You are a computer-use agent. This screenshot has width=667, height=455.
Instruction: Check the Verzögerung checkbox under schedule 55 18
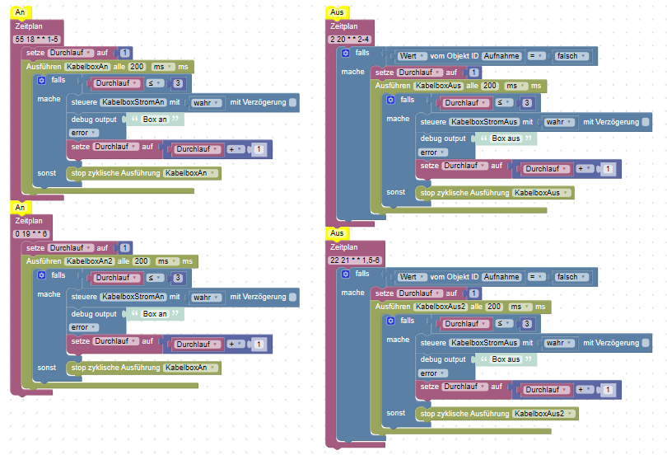click(x=293, y=102)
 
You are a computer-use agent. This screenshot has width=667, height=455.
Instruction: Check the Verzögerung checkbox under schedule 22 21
click(x=645, y=343)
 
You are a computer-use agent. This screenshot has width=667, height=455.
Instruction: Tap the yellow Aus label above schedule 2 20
click(x=336, y=13)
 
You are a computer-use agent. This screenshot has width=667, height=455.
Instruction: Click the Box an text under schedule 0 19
click(x=155, y=314)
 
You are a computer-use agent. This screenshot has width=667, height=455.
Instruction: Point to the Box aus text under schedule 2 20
click(x=506, y=138)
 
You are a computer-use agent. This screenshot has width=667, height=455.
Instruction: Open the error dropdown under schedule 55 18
click(x=82, y=133)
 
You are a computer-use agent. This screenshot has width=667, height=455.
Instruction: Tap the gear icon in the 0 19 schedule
click(x=42, y=275)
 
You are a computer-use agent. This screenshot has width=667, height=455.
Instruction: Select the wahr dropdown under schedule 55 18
click(x=205, y=103)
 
